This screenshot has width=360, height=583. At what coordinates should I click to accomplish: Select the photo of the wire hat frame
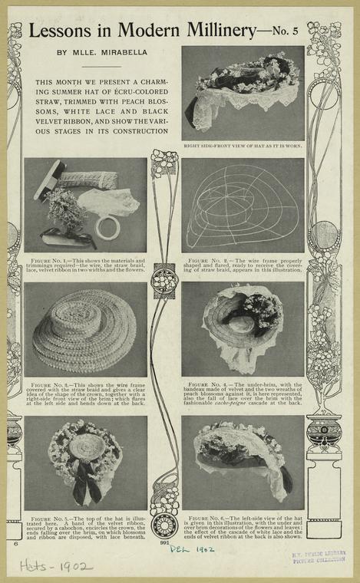click(x=243, y=206)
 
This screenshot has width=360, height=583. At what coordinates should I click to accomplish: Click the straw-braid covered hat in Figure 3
click(x=85, y=329)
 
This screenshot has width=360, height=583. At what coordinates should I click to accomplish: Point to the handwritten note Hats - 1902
click(x=56, y=566)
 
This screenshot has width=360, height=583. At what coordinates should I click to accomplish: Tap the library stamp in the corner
click(x=319, y=556)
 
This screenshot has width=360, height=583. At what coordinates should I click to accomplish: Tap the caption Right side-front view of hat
click(x=243, y=145)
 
